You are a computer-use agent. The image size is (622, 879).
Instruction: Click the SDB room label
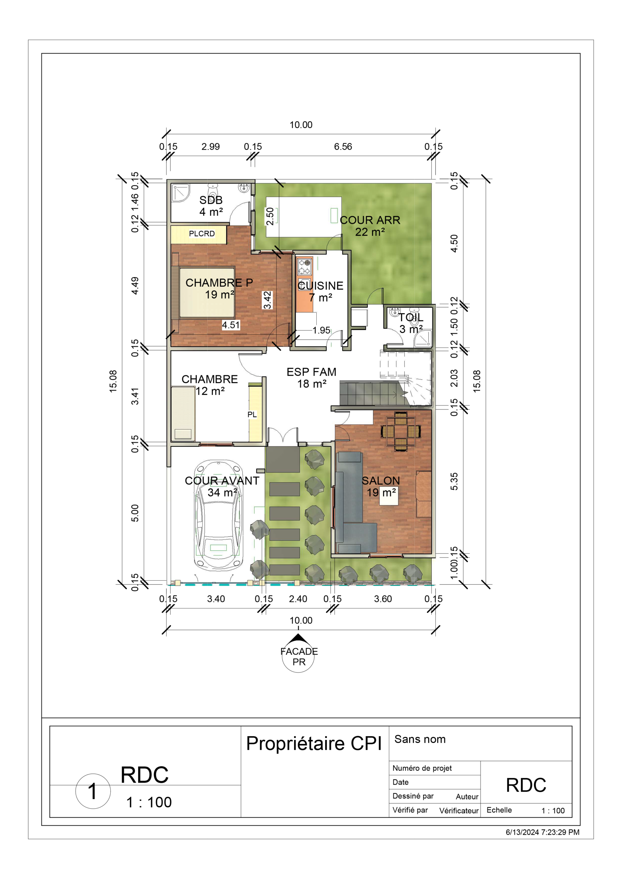pos(211,200)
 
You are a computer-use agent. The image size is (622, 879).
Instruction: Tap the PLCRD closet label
pos(202,233)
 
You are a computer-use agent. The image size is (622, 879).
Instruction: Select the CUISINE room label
pos(320,286)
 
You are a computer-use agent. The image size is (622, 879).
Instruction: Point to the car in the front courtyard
pos(218,515)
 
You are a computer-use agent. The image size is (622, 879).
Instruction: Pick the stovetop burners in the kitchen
pos(305,267)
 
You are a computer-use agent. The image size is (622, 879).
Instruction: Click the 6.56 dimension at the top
pos(343,147)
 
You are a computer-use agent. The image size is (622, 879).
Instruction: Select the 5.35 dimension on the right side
pos(454,482)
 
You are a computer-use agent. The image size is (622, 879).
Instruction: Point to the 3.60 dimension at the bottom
pos(383,599)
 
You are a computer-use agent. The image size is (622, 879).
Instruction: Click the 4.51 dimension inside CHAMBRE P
pos(231,325)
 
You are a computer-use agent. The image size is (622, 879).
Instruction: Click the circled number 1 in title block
pos(93,791)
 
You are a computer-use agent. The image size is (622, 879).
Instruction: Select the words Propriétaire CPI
pos(314,744)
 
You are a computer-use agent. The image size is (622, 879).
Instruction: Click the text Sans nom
pos(420,739)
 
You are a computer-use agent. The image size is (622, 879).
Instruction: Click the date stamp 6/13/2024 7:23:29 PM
pos(542,832)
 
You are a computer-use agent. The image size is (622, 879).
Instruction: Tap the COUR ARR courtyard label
pos(370,220)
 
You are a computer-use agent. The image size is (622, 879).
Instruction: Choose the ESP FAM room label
pos(312,372)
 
